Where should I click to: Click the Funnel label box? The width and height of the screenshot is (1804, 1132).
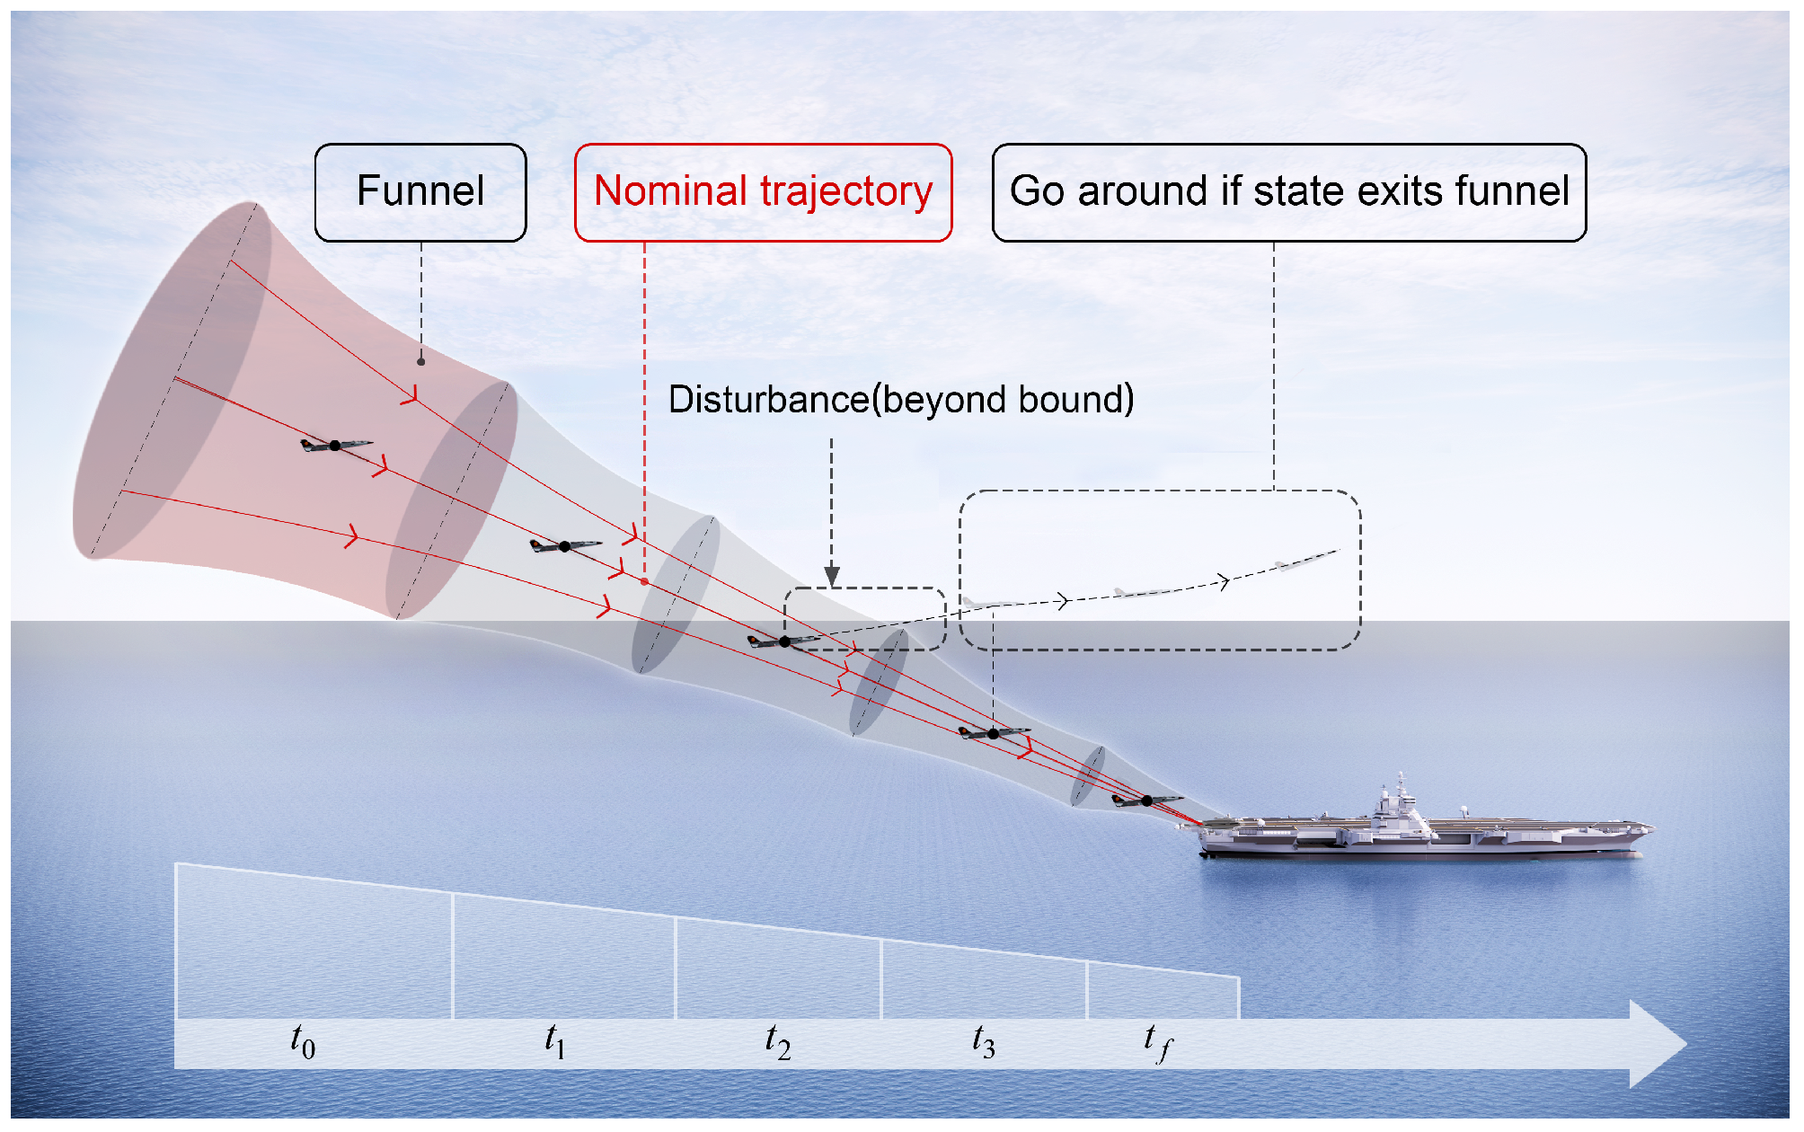[420, 192]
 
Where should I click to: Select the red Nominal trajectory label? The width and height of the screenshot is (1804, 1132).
[763, 192]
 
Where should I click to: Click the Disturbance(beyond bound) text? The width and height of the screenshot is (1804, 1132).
[901, 400]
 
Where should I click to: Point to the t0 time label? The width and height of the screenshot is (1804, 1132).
[303, 1041]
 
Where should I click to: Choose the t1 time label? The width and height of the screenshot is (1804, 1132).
[555, 1041]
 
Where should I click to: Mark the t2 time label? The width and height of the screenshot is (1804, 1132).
[778, 1041]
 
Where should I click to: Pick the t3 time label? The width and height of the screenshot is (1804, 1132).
[984, 1041]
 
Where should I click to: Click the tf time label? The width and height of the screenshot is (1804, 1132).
[1158, 1043]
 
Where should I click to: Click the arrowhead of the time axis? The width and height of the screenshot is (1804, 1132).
[1658, 1044]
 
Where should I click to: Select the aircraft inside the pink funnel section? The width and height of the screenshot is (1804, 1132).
[335, 445]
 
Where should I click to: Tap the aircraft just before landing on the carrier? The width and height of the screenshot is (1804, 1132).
[1147, 800]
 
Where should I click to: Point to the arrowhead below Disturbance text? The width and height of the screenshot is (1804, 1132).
[832, 576]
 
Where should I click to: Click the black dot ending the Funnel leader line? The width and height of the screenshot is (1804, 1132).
[420, 362]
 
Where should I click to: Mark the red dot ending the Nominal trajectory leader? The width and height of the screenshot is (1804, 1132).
[644, 582]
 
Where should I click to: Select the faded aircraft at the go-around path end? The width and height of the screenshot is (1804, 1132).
[1306, 560]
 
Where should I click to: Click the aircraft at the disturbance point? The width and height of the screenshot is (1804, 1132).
[784, 641]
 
